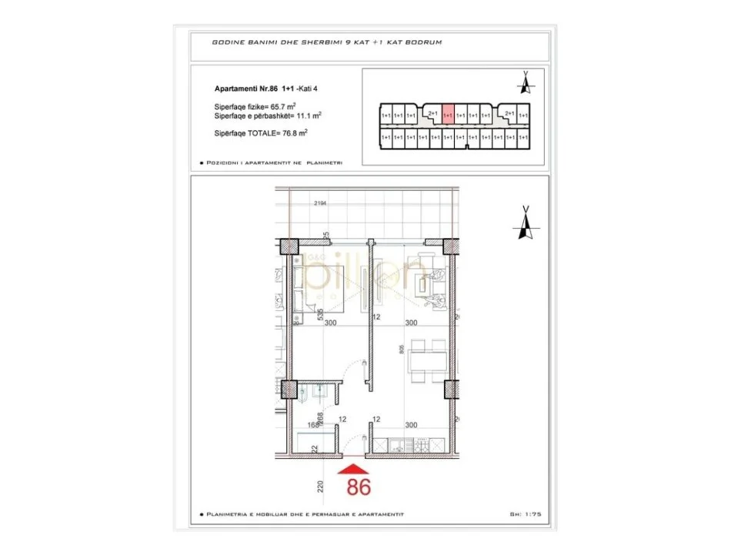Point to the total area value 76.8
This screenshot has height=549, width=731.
[x=286, y=133]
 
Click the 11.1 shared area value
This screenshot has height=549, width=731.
[x=301, y=115]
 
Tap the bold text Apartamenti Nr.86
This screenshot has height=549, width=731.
[x=246, y=89]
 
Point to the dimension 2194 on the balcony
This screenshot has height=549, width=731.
[x=321, y=203]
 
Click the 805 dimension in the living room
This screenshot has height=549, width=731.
[x=401, y=349]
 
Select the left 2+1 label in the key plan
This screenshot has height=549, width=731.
[x=432, y=113]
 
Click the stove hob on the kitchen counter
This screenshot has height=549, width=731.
[x=426, y=445]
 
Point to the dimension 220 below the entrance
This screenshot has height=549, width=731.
[x=319, y=487]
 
